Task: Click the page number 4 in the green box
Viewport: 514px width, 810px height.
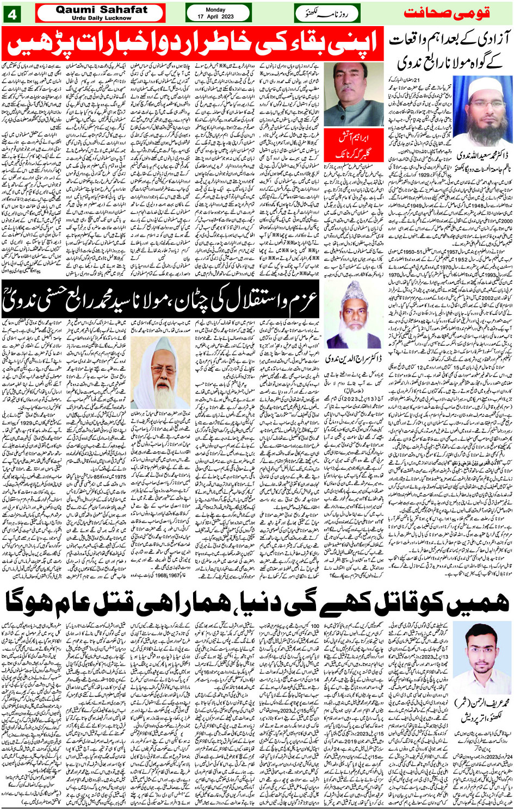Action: tap(12, 13)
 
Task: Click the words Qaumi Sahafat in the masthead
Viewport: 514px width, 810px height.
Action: tap(102, 9)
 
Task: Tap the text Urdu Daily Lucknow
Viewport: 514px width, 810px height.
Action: tap(102, 18)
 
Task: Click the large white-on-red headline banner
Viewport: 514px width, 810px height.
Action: tap(193, 43)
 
